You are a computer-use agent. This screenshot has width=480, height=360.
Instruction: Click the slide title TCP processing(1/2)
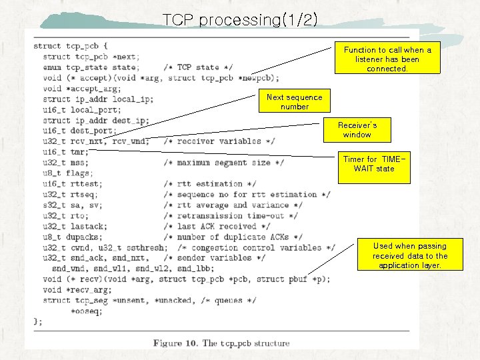click(x=240, y=19)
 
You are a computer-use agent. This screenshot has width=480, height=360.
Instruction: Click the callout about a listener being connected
click(x=387, y=59)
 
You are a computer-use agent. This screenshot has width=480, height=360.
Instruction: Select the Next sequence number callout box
click(x=294, y=102)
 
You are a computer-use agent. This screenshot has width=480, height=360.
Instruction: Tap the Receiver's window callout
click(x=357, y=130)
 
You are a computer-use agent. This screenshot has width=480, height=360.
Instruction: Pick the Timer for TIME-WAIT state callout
click(x=374, y=164)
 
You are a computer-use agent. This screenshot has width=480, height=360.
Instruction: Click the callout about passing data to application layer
click(x=410, y=256)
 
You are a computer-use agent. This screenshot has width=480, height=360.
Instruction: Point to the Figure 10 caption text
click(x=221, y=343)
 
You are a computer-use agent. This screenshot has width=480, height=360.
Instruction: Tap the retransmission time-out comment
click(x=230, y=216)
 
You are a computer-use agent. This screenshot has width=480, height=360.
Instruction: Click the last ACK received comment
click(x=217, y=227)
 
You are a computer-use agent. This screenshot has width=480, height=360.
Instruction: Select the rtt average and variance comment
click(x=230, y=205)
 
